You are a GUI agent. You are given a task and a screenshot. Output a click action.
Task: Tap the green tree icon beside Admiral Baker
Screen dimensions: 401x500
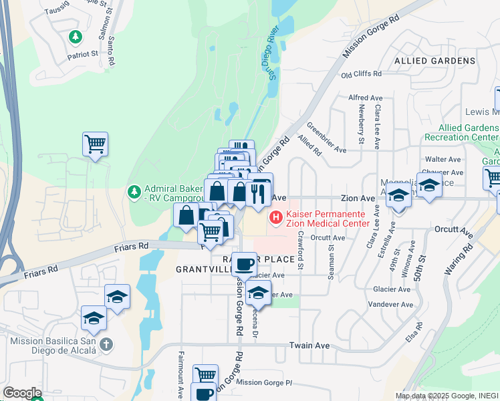135,192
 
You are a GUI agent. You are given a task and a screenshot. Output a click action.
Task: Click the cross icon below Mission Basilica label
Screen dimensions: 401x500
106,345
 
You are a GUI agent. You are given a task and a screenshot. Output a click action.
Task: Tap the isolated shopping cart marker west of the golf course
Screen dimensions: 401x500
96,144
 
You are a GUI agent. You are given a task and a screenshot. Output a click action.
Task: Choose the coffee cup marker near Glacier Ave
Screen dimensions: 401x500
245,264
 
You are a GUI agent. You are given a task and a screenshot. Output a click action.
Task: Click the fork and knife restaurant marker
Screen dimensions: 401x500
257,193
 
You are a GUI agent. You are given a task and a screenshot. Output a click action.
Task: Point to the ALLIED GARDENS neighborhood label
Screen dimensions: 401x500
434,61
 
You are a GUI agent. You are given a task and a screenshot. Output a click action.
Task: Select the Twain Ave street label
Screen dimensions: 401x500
309,346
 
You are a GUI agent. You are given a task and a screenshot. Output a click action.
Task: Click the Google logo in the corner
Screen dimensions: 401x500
22,393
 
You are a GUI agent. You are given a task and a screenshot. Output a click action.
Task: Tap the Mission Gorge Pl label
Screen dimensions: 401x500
265,383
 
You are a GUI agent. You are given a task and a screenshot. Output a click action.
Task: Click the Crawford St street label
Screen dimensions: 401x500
301,251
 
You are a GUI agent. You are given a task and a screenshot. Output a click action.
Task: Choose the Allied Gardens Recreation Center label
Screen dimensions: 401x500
467,132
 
